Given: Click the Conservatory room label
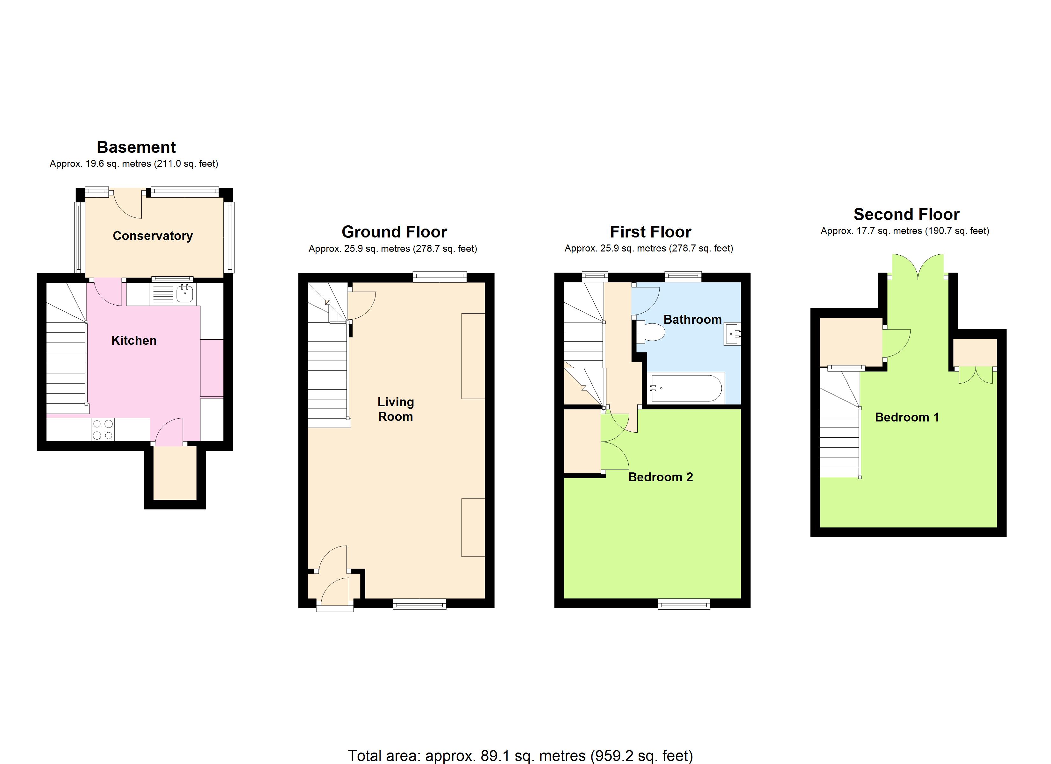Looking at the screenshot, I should tap(153, 236).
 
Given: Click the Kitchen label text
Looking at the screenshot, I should tap(134, 341).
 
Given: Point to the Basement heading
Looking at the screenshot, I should tap(136, 147).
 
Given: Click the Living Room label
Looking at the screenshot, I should tap(395, 409).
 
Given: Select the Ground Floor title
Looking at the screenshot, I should tap(394, 232).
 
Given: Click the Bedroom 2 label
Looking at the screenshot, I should tap(660, 477).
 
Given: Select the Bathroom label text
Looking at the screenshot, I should tap(692, 320).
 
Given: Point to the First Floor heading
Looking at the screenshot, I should tap(651, 232).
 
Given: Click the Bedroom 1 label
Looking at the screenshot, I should tap(907, 417).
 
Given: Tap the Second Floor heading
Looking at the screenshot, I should tap(906, 215).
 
